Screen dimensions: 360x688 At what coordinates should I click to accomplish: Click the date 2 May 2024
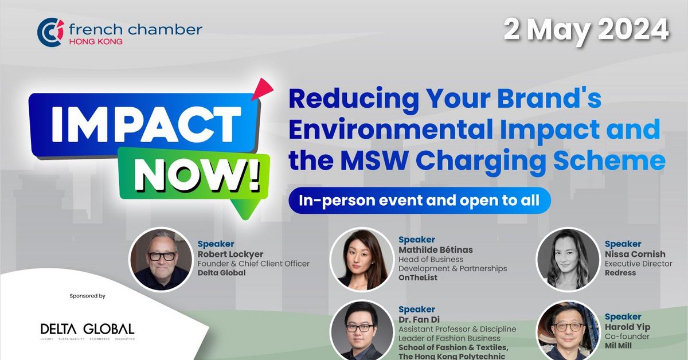pos(586,29)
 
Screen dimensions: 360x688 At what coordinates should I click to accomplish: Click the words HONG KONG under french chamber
pos(95,42)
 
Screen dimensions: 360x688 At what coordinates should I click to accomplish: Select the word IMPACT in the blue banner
pos(146,124)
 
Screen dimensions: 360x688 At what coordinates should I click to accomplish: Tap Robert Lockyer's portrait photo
pos(161,259)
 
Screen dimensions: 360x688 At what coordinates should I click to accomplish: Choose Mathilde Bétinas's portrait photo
pos(361,259)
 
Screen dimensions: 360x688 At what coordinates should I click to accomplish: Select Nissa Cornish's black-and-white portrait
pos(567,259)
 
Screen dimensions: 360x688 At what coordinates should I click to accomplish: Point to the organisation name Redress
pos(620,273)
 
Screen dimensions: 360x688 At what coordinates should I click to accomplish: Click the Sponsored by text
pos(87,296)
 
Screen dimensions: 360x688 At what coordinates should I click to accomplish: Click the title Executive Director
pos(638,264)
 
